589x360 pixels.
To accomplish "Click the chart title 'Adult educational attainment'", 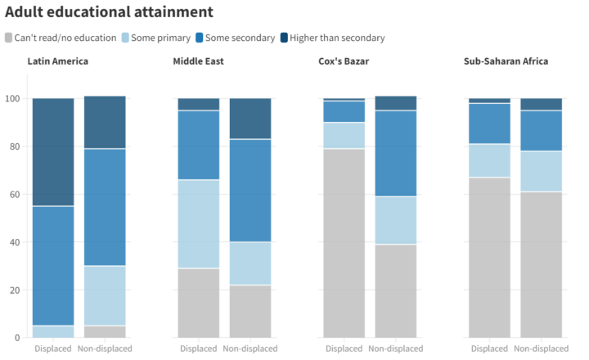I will (x=109, y=12).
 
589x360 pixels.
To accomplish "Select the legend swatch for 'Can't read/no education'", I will (x=9, y=38).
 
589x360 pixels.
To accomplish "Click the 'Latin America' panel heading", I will (x=58, y=61).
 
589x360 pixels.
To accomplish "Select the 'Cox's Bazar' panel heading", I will (x=343, y=61).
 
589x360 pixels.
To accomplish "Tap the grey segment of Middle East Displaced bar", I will (x=199, y=303).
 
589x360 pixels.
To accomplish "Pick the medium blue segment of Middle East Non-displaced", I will (x=250, y=191).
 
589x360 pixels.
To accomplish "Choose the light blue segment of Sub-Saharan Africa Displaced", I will (x=489, y=160).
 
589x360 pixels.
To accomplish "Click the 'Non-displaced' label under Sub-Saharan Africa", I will (x=540, y=349).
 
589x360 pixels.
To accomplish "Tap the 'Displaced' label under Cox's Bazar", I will (x=344, y=349).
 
